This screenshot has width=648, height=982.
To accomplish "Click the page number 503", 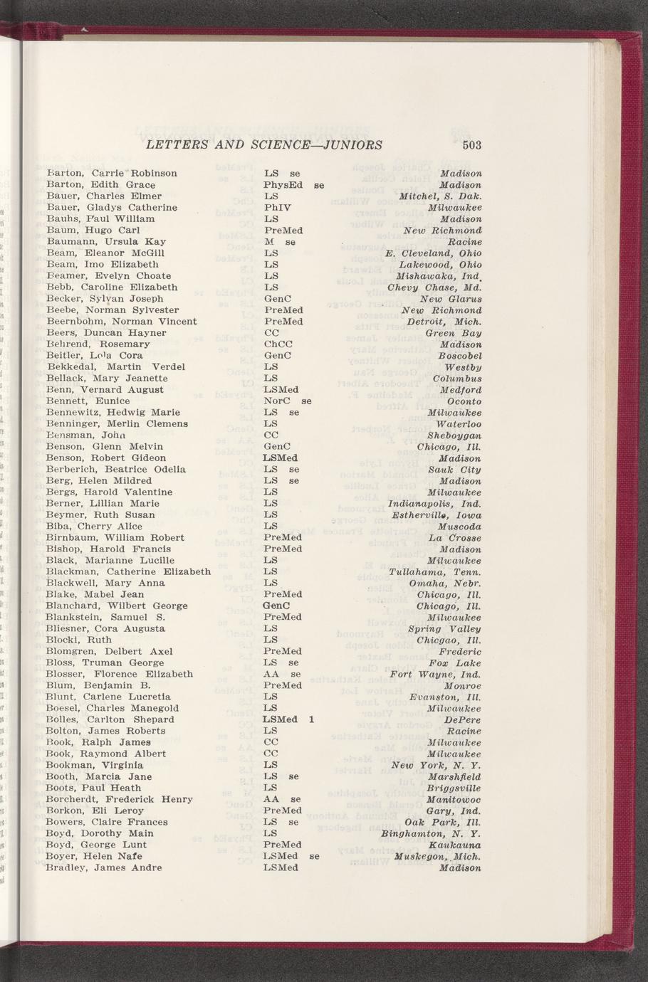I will (472, 145).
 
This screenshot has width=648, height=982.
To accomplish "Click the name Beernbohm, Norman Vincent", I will (121, 322).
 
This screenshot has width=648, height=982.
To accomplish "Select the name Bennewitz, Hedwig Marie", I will (113, 413).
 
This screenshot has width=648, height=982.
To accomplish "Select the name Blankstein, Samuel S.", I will (105, 617).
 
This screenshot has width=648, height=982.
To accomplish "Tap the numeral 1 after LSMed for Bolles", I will (312, 719).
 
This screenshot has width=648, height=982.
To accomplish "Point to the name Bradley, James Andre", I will (104, 868).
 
